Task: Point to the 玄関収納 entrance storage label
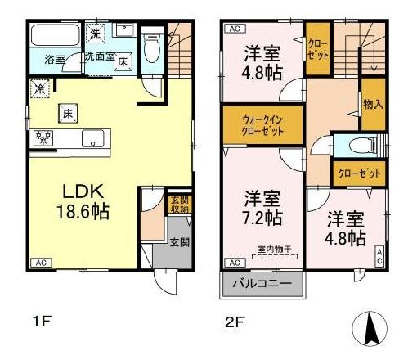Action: [x=177, y=204]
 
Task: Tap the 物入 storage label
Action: [x=372, y=104]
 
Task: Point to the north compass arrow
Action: [x=370, y=330]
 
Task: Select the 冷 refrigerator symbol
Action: [x=39, y=87]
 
